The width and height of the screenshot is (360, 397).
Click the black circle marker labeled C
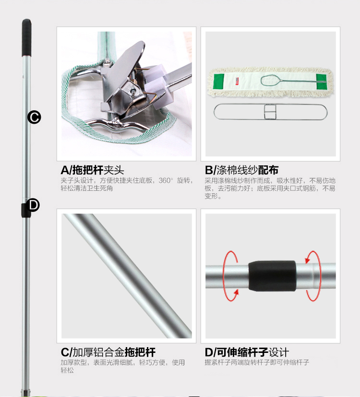tap(34, 117)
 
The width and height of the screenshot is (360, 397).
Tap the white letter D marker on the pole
tap(33, 205)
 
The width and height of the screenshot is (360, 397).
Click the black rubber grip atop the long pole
tap(26, 37)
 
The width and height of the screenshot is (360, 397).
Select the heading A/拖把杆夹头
tap(92, 170)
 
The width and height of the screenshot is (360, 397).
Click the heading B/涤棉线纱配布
tap(241, 170)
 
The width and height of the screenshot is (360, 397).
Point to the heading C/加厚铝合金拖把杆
tap(108, 352)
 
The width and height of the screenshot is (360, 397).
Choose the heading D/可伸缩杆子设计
tap(247, 352)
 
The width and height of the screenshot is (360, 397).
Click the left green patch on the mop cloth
tap(219, 82)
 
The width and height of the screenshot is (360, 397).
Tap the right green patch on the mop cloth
tap(321, 82)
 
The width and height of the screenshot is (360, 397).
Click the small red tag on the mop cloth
tap(237, 82)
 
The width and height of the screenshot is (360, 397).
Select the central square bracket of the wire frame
tap(270, 112)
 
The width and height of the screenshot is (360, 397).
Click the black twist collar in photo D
tap(272, 276)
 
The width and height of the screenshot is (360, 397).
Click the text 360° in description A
tap(166, 181)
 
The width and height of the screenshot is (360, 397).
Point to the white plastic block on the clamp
tap(156, 86)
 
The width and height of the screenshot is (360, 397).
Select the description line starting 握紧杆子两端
tap(257, 362)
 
